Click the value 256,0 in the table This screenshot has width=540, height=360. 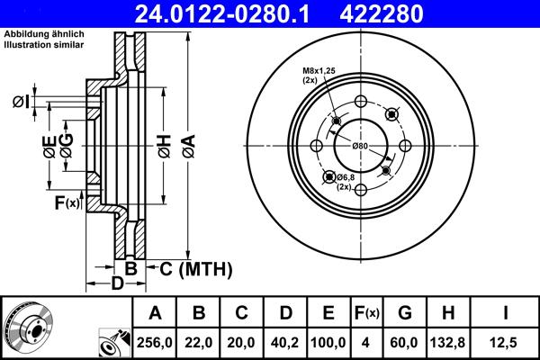156,343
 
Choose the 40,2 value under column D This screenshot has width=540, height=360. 285,343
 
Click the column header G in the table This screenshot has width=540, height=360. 405,313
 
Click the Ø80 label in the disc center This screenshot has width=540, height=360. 360,146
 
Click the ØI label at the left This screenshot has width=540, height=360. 21,101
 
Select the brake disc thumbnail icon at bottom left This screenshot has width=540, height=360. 27,328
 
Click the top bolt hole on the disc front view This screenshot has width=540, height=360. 361,103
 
